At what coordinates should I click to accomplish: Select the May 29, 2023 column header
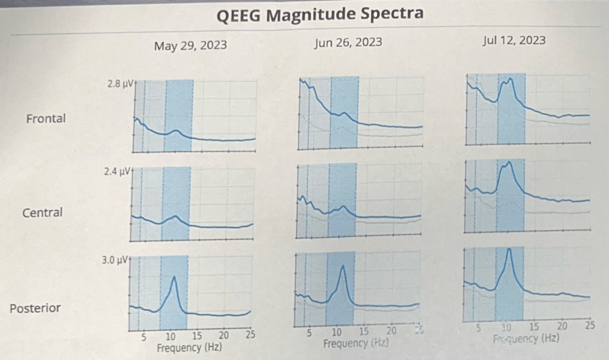pyautogui.click(x=190, y=45)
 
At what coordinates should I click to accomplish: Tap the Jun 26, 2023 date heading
pyautogui.click(x=348, y=42)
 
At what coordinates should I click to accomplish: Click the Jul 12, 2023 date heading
pyautogui.click(x=514, y=41)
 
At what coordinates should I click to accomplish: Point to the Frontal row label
pyautogui.click(x=46, y=119)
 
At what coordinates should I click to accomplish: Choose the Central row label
pyautogui.click(x=42, y=212)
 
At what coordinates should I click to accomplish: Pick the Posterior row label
pyautogui.click(x=35, y=308)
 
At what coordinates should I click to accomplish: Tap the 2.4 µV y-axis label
pyautogui.click(x=118, y=172)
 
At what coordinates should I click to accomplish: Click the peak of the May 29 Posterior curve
pyautogui.click(x=174, y=277)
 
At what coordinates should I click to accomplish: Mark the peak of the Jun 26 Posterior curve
pyautogui.click(x=343, y=266)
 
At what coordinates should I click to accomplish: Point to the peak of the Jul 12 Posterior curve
pyautogui.click(x=509, y=249)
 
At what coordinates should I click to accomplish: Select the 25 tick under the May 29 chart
pyautogui.click(x=250, y=335)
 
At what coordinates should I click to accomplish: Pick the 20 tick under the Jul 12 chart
pyautogui.click(x=562, y=326)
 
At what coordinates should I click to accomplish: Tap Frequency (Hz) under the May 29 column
pyautogui.click(x=189, y=347)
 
